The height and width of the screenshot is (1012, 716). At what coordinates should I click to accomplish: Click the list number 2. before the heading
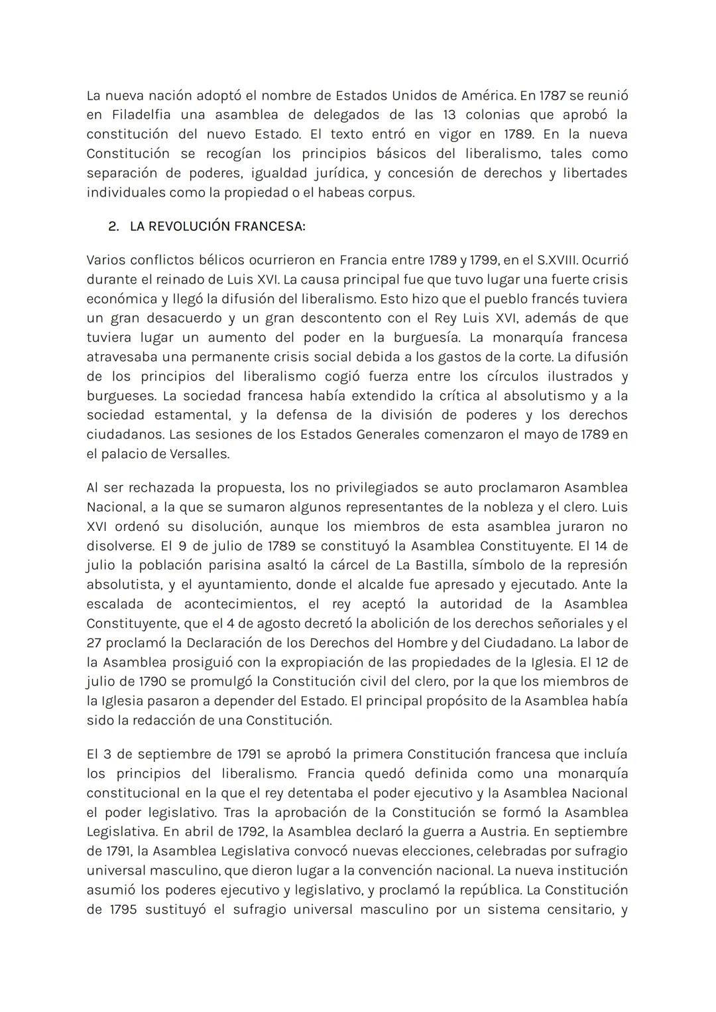pos(113,226)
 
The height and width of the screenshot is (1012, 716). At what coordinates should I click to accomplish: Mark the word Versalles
pos(198,455)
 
